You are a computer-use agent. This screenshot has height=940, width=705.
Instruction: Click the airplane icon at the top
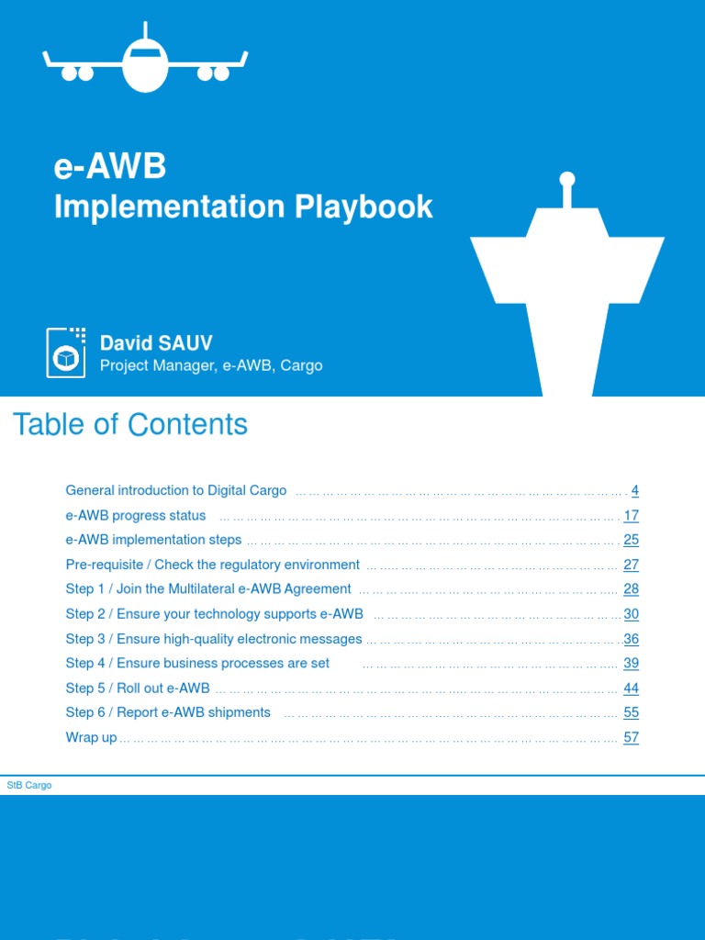tap(145, 63)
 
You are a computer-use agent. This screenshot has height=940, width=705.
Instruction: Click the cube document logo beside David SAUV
tap(66, 352)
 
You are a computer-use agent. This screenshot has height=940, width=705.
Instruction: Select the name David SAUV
tap(156, 343)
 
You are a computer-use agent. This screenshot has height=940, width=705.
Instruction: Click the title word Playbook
tap(364, 207)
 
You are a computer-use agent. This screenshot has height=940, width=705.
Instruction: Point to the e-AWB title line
tap(110, 167)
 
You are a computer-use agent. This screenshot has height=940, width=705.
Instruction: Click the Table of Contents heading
tap(129, 424)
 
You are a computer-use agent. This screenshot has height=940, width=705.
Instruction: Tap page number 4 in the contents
tap(634, 491)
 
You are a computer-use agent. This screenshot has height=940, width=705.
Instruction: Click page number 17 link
tap(631, 516)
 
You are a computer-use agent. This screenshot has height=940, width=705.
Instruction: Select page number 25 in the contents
tap(631, 540)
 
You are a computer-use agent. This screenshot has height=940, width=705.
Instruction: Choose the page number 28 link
tap(631, 589)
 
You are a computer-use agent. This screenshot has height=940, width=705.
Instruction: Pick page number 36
tap(631, 639)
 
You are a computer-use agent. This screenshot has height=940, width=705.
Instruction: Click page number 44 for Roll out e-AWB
tap(631, 688)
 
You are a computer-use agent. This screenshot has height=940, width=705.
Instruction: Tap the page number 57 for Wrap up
tap(631, 738)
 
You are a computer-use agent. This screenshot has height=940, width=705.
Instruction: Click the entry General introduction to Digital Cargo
tap(176, 491)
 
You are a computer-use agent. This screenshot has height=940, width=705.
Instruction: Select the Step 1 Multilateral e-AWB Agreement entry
tap(208, 589)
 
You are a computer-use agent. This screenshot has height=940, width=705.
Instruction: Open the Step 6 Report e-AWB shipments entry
tap(168, 712)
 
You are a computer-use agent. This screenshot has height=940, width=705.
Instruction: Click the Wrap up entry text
tap(91, 738)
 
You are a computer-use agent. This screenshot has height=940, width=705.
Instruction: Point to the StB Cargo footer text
tap(29, 786)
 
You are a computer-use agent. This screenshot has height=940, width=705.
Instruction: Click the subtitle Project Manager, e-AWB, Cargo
tap(211, 365)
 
